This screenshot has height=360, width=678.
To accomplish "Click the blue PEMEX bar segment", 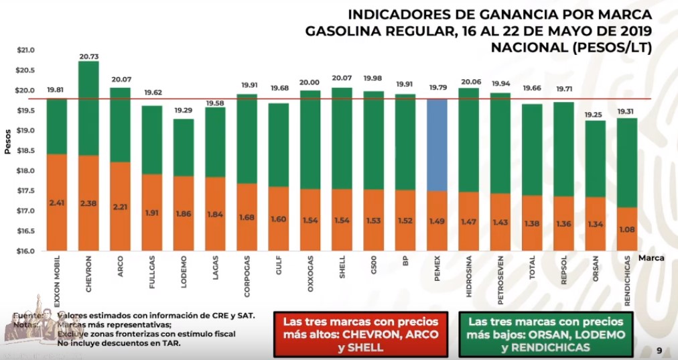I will [x=437, y=144].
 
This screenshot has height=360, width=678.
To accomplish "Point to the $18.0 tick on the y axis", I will [x=25, y=171].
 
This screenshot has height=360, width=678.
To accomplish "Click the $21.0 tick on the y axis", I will [x=25, y=50].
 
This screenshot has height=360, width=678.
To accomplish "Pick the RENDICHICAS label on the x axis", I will [x=628, y=281].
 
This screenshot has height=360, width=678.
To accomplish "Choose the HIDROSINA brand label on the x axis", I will [x=468, y=276].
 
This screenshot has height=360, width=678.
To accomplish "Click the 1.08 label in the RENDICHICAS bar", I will [x=627, y=229].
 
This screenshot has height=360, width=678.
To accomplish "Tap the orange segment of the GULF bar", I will [x=279, y=219].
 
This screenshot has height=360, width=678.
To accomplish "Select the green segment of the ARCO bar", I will [x=121, y=124].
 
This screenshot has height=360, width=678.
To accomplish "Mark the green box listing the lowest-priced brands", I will [x=547, y=333].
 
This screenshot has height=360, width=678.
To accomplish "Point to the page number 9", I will [x=659, y=350].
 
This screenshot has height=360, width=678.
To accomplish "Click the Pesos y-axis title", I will [x=7, y=143].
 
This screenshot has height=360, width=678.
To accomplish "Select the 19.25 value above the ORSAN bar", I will [x=595, y=115].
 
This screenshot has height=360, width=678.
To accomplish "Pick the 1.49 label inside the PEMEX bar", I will [x=437, y=221].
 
